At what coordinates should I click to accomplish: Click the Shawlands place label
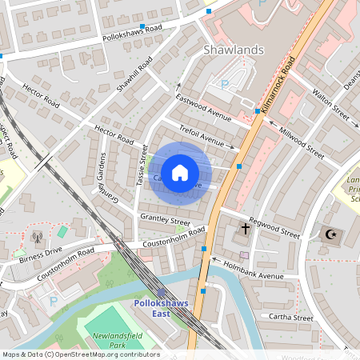tap(232, 50)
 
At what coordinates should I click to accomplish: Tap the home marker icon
tap(180, 173)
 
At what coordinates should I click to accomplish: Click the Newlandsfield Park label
tap(117, 338)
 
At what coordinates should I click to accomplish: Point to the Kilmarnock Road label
tap(279, 81)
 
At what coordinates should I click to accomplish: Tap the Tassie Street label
tap(142, 166)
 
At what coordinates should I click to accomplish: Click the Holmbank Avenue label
tap(254, 270)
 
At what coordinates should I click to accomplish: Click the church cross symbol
tap(244, 230)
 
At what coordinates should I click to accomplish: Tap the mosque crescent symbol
tap(329, 235)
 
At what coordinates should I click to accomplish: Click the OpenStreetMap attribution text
tap(80, 354)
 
